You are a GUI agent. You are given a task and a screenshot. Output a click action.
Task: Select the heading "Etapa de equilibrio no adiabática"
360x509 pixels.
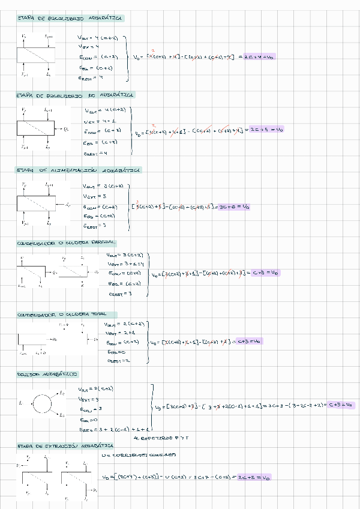click(x=76, y=95)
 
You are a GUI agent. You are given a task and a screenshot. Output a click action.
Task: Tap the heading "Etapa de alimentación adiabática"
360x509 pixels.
click(x=79, y=170)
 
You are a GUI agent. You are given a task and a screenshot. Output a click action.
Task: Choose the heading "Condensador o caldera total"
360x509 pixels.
click(x=67, y=315)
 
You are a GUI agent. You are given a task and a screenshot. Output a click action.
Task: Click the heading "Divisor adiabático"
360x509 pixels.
click(x=47, y=374)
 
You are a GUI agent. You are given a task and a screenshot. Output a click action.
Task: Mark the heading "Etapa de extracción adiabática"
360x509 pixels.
click(x=65, y=447)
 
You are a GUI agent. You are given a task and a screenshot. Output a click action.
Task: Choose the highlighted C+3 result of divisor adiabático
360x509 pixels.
click(x=337, y=405)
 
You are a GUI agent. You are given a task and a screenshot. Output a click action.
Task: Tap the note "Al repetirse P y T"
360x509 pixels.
click(x=168, y=439)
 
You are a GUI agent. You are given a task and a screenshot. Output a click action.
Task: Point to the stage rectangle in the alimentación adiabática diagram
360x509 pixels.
click(x=36, y=204)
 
